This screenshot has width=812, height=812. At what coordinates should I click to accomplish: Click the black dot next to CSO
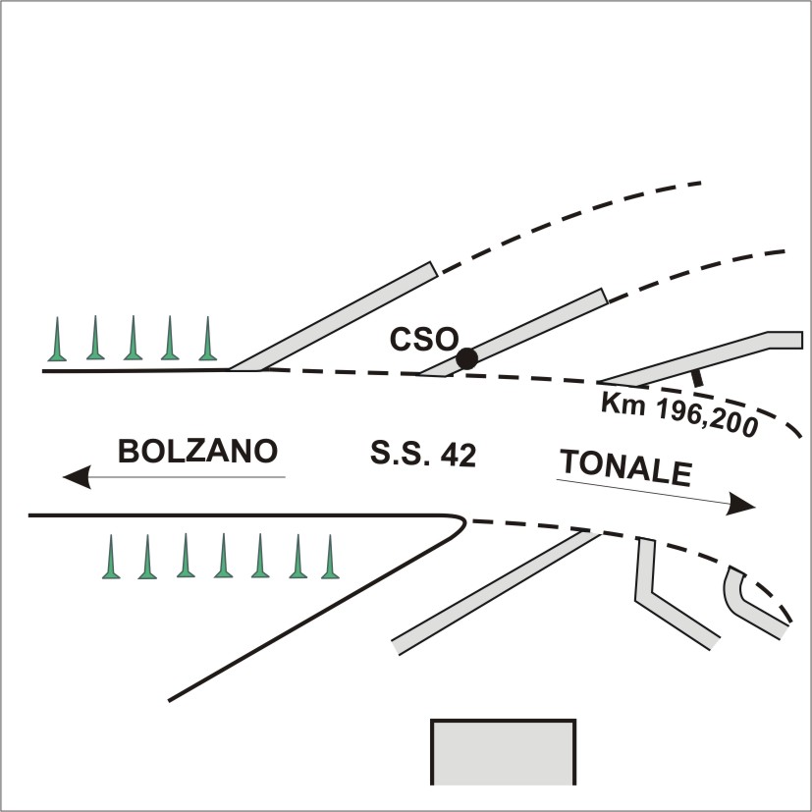[467, 359]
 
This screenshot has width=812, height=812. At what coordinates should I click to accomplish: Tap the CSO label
[424, 340]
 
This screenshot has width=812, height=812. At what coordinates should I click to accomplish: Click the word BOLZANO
[197, 451]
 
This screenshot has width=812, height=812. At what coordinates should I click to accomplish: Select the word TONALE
[626, 467]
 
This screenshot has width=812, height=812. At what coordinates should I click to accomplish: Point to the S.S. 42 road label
[423, 455]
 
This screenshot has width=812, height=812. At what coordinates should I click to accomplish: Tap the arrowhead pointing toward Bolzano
[77, 477]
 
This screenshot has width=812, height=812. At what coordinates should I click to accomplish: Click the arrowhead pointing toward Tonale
[740, 504]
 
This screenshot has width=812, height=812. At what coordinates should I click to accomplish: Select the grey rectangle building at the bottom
[504, 752]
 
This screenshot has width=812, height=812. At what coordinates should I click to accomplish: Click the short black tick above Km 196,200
[697, 378]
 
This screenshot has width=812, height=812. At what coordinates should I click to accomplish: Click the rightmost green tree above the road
[207, 339]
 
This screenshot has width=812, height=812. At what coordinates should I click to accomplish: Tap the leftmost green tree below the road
[111, 557]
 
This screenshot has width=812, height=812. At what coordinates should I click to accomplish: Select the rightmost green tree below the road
[330, 557]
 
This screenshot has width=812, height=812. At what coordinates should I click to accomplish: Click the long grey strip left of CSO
[334, 316]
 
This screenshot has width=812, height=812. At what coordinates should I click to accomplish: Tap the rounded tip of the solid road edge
[464, 522]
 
